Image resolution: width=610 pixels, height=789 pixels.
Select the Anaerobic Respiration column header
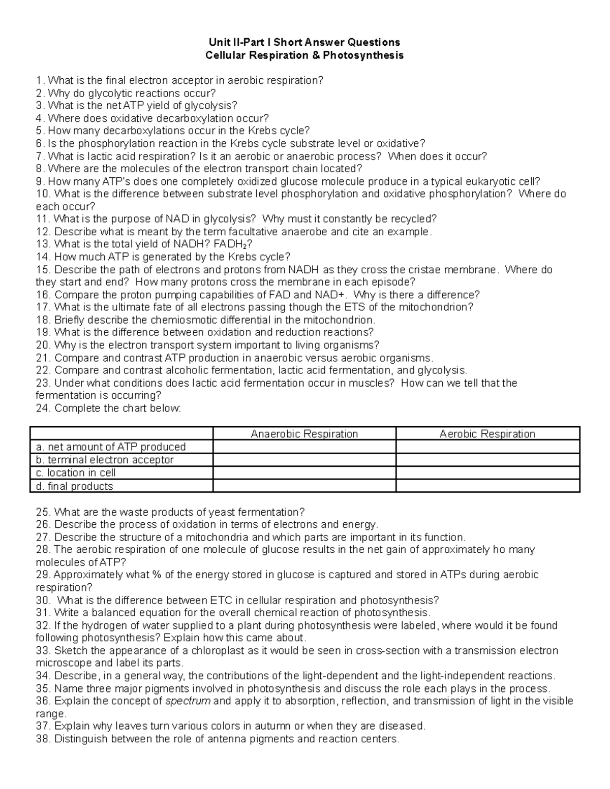point(304,434)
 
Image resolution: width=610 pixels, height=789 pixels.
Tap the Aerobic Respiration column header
point(487,434)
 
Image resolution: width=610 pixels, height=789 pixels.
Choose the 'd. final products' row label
point(74,486)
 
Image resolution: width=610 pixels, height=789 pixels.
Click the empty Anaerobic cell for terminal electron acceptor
point(304,460)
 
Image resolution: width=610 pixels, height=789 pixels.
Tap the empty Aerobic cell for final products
point(487,486)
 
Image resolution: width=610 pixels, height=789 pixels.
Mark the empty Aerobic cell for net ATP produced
point(487,447)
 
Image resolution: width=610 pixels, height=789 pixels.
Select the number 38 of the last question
point(42,739)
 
